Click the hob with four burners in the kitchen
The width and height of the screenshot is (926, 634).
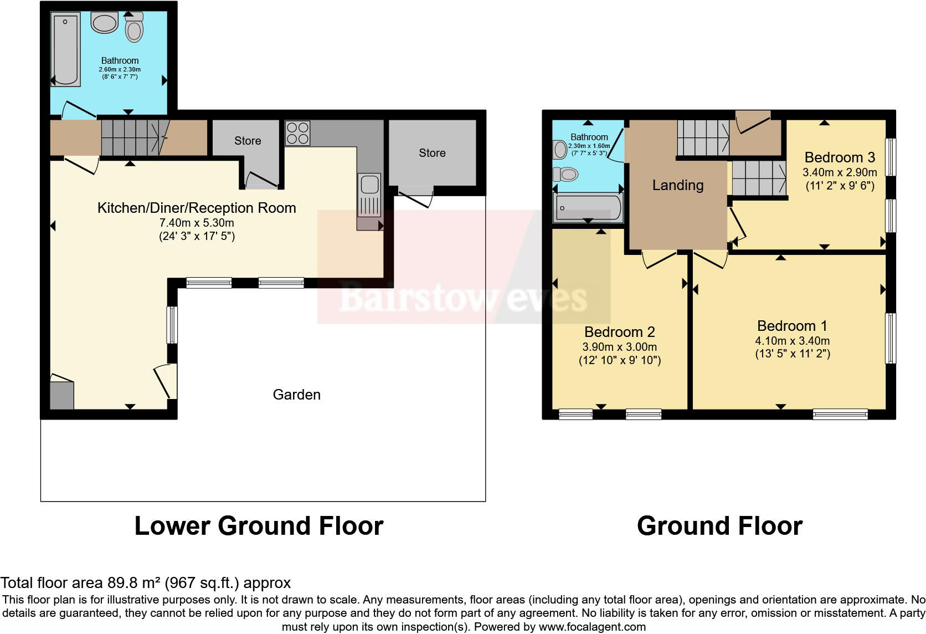297,133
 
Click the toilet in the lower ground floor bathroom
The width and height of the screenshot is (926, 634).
134,27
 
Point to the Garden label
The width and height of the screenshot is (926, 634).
296,395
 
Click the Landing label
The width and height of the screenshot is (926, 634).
677,185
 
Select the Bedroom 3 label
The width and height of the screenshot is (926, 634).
840,157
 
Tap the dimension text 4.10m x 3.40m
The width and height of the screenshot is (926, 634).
792,341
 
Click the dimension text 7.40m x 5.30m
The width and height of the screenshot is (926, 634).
197,223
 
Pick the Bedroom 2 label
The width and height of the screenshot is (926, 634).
619,332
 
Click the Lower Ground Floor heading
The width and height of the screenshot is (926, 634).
259,525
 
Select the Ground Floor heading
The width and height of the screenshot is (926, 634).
719,525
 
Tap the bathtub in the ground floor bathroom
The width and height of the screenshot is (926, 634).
588,208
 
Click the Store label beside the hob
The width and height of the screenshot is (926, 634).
247,141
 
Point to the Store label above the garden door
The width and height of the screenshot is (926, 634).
432,153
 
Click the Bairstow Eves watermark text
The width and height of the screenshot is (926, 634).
462,298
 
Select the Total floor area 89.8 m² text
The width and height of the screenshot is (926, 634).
145,582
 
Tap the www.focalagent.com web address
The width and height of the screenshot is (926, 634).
592,627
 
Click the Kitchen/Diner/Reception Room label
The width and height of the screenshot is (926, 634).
197,208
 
